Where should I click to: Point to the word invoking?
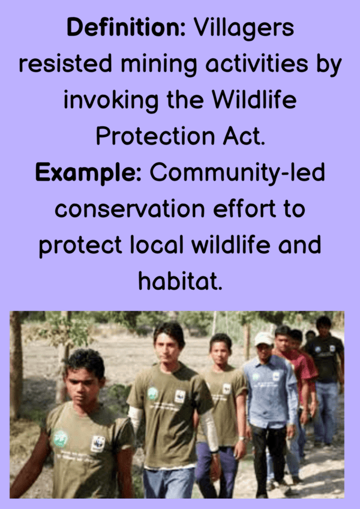[111, 100]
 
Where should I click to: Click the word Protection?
[155, 136]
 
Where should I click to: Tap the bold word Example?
[88, 173]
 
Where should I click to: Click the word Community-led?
[237, 173]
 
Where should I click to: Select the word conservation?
[130, 209]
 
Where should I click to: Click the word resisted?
[65, 64]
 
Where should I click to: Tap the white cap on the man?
[263, 339]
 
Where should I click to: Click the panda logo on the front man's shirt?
[97, 444]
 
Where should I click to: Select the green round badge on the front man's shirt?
[61, 438]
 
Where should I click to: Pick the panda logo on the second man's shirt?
[180, 396]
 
